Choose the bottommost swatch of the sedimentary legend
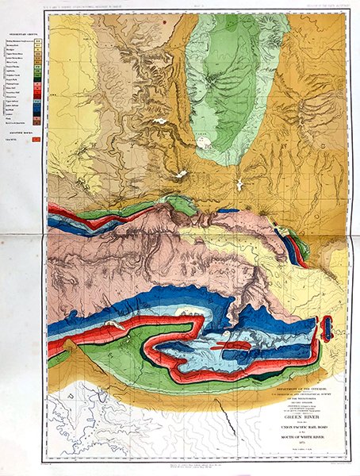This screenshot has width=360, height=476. [36, 123]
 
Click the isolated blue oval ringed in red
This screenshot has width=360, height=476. [326, 328]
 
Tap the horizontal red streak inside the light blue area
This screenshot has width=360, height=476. [230, 347]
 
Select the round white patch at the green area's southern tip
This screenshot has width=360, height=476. [205, 145]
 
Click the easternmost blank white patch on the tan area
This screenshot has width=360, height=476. [238, 184]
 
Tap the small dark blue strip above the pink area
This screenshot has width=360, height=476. [228, 211]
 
